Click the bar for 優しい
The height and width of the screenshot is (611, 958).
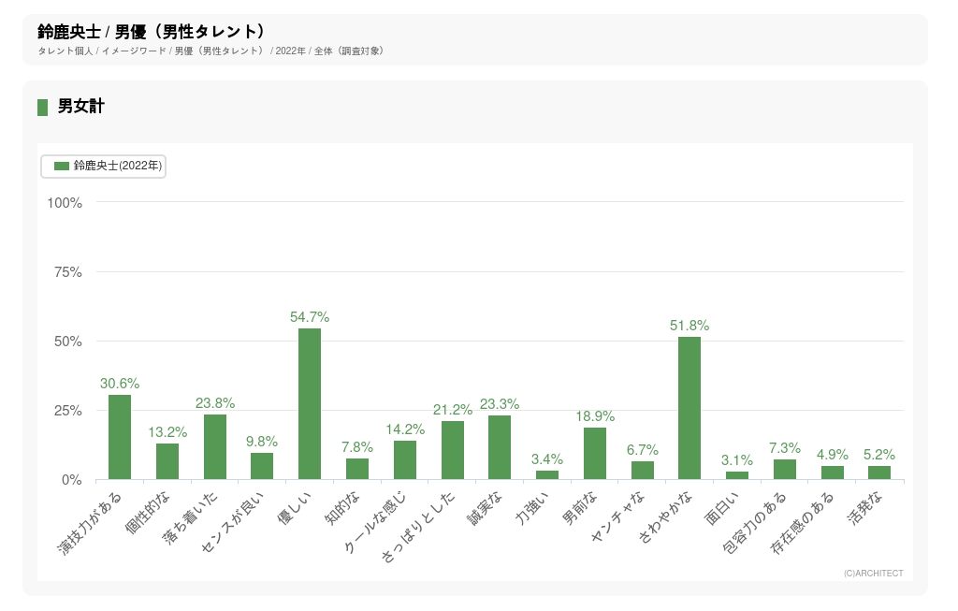tap(310, 404)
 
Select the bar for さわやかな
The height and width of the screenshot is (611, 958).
tap(689, 408)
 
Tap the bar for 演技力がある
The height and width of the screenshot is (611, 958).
tap(120, 437)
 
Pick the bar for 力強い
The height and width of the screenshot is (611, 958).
tap(547, 474)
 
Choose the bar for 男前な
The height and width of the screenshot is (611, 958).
tap(595, 454)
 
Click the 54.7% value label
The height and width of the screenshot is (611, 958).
tap(310, 318)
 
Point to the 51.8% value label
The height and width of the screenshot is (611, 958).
tap(689, 327)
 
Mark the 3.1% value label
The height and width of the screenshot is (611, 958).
tap(737, 460)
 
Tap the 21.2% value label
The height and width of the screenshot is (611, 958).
tap(453, 410)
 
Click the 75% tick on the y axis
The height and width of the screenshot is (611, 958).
tap(65, 272)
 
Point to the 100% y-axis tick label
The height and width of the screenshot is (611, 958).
tap(64, 203)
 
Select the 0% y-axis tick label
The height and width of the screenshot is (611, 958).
tap(71, 480)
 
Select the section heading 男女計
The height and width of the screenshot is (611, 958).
tap(80, 107)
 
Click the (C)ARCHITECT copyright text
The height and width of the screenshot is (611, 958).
tap(873, 574)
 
